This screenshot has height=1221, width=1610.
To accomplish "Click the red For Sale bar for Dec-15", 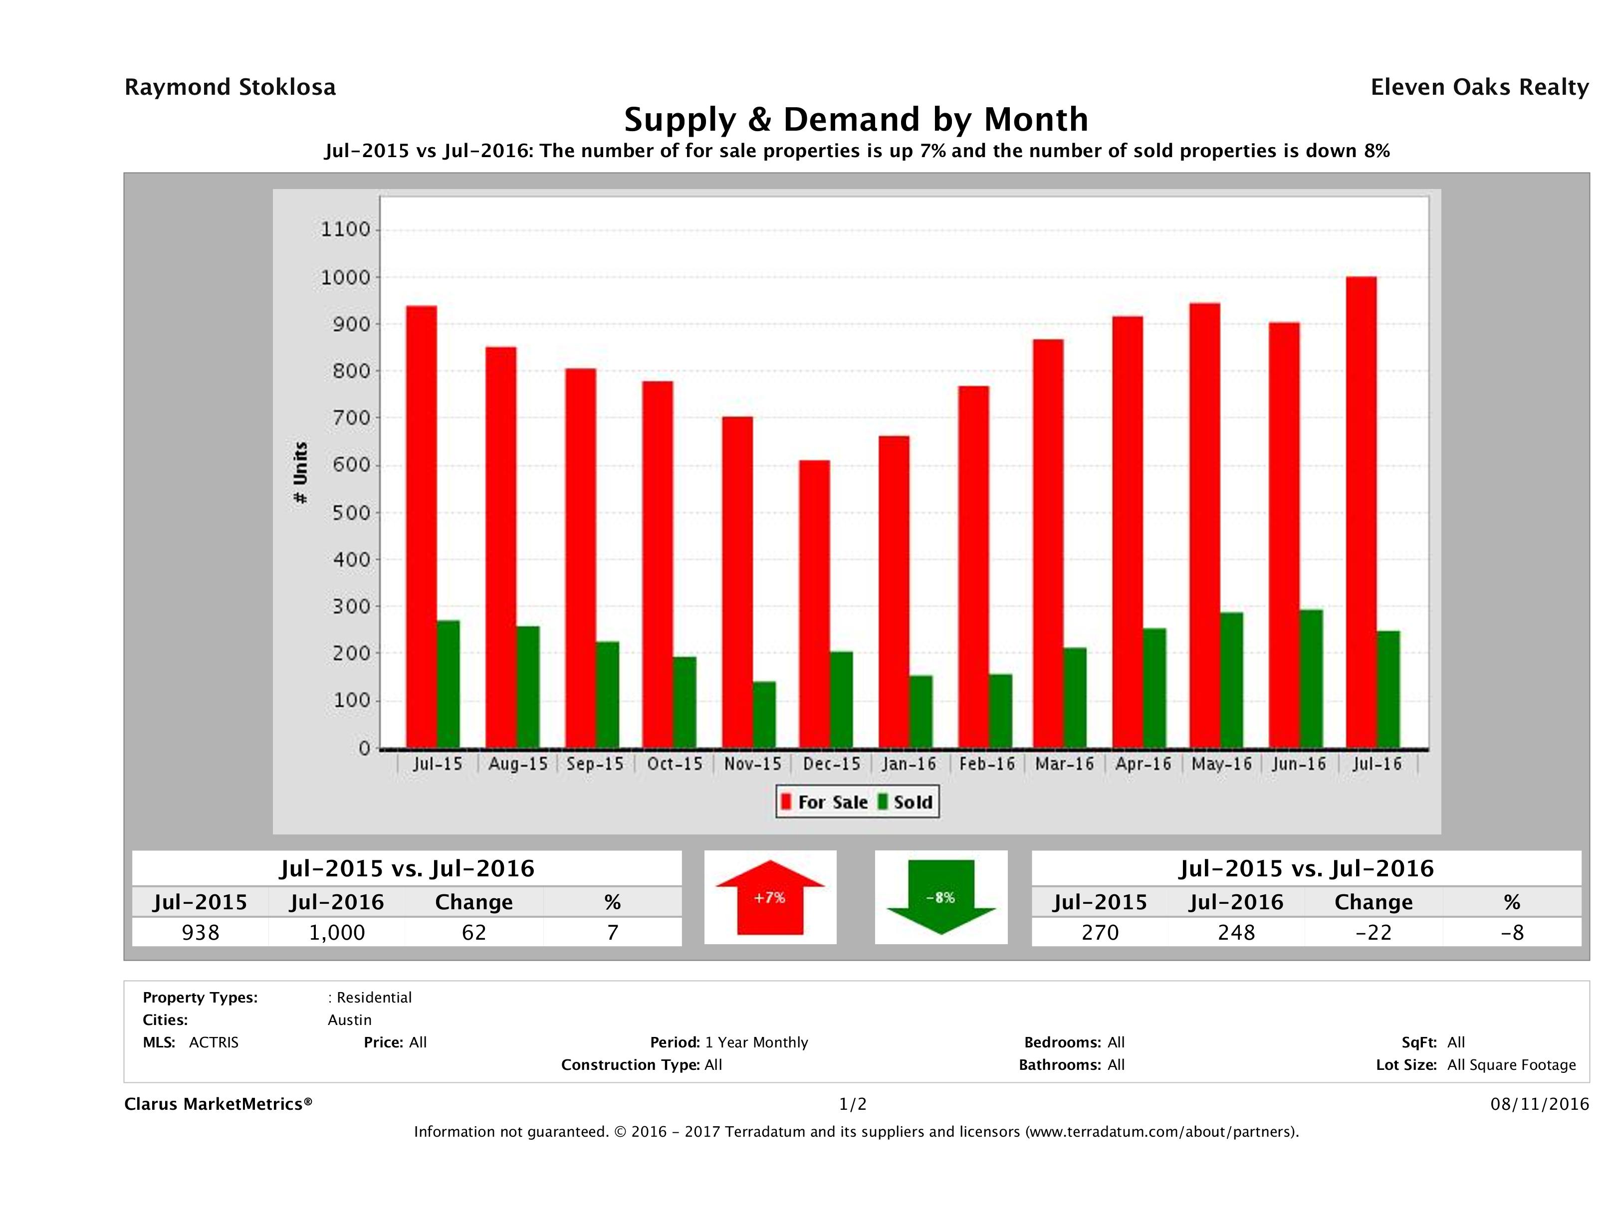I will coord(814,604).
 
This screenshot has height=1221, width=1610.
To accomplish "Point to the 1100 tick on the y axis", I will coord(346,230).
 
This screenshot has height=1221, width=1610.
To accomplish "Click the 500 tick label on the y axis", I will coord(346,513).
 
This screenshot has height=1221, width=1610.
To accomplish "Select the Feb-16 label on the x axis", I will coord(986,764).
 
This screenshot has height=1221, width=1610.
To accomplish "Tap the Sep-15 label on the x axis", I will coord(595,764).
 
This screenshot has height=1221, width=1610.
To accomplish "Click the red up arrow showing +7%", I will coord(770,898).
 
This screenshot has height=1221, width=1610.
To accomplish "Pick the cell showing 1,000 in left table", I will coord(336,932).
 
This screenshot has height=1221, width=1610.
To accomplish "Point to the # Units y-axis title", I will coord(300,472).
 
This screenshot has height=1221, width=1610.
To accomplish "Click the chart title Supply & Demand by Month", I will coord(856,119).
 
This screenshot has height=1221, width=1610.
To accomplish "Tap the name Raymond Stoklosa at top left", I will coord(230,87).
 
